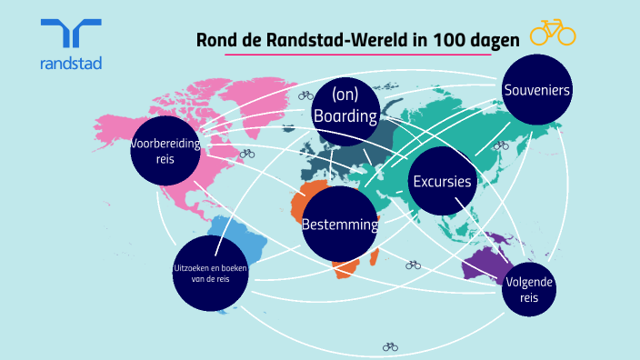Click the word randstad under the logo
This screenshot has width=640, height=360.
71,64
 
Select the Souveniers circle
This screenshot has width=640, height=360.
536,91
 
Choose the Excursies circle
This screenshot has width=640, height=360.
443,181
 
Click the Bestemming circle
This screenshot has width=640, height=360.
339,224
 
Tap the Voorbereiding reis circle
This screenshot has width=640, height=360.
165,150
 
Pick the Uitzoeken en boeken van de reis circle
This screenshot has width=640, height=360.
210,272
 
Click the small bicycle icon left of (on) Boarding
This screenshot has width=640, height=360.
305,95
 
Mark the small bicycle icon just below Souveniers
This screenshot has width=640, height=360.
499,145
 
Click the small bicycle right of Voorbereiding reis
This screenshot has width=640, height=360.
247,155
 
